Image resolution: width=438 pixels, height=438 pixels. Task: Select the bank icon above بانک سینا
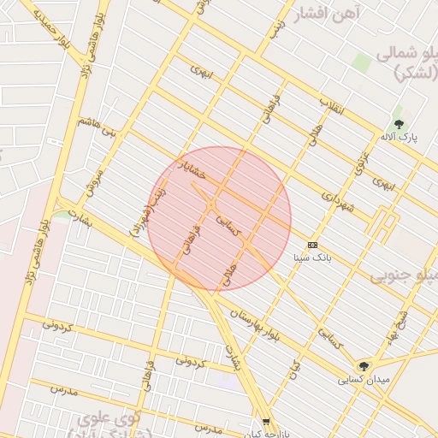click(x=312, y=245)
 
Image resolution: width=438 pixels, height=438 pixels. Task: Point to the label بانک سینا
click(x=311, y=257)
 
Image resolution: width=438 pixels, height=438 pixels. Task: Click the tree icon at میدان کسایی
click(x=364, y=365)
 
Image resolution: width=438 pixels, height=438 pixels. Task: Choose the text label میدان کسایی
click(x=364, y=379)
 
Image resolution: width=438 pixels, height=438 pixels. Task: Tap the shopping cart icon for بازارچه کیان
click(x=266, y=421)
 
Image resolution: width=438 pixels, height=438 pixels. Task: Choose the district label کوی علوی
click(x=106, y=420)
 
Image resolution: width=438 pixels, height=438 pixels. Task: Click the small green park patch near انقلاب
click(x=362, y=62)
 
